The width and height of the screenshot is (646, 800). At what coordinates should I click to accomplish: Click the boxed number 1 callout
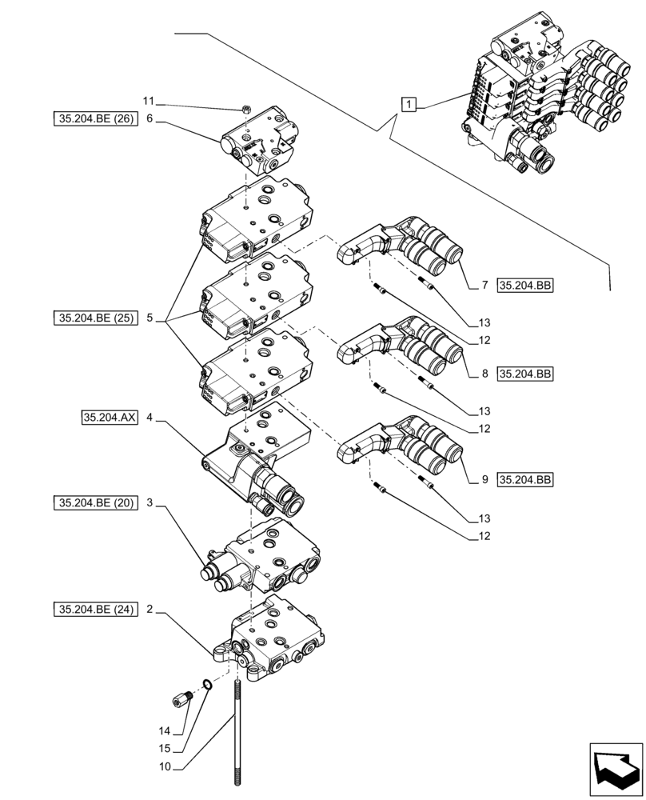(x=409, y=103)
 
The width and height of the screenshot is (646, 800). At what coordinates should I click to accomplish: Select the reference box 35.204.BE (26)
(x=94, y=120)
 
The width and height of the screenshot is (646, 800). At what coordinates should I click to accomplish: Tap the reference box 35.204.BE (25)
(x=94, y=318)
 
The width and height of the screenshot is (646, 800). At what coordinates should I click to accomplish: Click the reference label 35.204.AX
(x=109, y=417)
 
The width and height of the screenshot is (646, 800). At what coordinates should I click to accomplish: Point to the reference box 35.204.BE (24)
(x=94, y=610)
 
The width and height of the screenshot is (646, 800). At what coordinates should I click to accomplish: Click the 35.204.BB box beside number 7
(x=525, y=286)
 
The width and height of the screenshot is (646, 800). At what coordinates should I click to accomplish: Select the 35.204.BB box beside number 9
(x=525, y=480)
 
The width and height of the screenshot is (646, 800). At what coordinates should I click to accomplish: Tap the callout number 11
(x=147, y=102)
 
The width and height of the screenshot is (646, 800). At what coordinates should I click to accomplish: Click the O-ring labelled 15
(x=208, y=684)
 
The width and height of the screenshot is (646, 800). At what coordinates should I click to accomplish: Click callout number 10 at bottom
(x=163, y=767)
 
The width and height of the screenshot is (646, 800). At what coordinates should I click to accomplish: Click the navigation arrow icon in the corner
(x=616, y=769)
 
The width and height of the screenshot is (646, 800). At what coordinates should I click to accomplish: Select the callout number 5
(x=150, y=318)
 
